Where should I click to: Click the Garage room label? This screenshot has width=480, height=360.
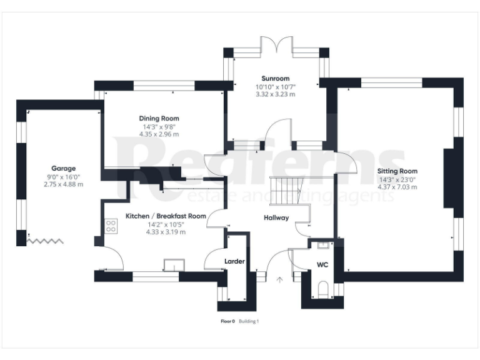63,168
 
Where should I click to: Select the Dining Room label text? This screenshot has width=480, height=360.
159,118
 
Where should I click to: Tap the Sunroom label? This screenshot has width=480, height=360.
275,79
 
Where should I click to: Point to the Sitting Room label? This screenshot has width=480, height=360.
397,171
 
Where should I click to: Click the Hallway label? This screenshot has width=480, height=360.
276,218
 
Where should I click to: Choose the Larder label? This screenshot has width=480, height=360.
234,261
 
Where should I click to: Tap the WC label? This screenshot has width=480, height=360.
323,265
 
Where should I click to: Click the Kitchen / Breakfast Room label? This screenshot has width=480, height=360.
166,216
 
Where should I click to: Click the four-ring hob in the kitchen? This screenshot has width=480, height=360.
112,226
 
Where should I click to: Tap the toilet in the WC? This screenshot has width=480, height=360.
323,289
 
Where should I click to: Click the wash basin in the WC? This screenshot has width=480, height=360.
321,246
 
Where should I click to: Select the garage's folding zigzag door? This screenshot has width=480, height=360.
46,239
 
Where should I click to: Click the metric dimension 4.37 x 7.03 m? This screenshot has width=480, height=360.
397,186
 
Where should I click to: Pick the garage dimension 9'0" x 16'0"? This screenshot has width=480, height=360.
63,176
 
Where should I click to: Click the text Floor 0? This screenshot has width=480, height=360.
227,321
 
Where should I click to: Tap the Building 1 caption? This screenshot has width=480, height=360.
248,321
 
